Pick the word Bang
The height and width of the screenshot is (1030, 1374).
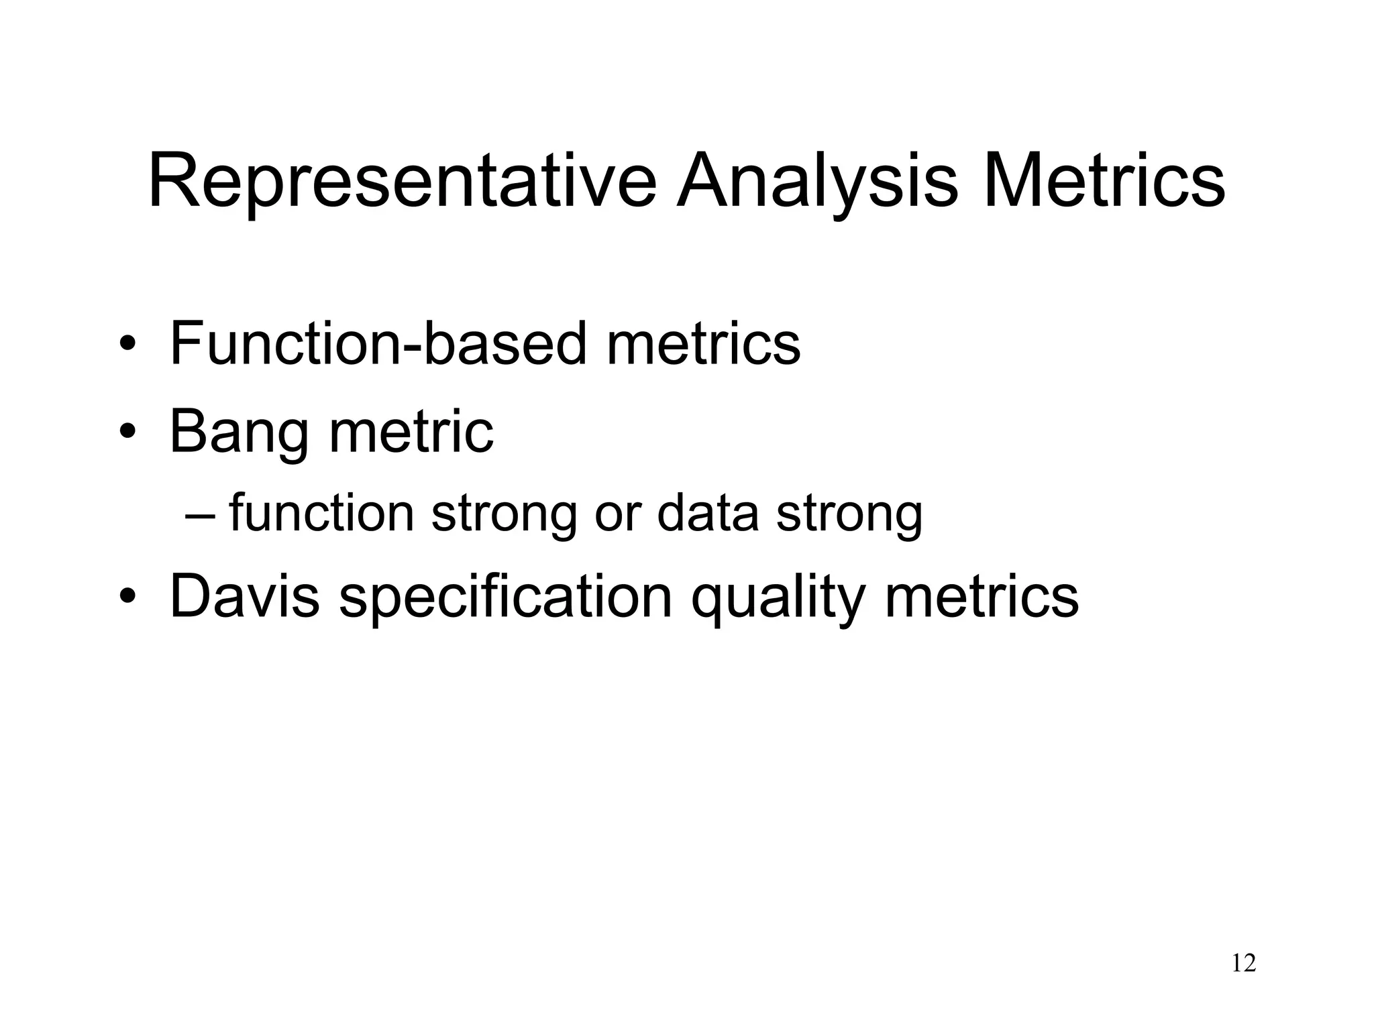240,432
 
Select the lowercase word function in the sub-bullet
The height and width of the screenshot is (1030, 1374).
321,514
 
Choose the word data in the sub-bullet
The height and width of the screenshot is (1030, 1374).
708,514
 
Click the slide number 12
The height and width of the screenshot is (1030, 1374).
1243,964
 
